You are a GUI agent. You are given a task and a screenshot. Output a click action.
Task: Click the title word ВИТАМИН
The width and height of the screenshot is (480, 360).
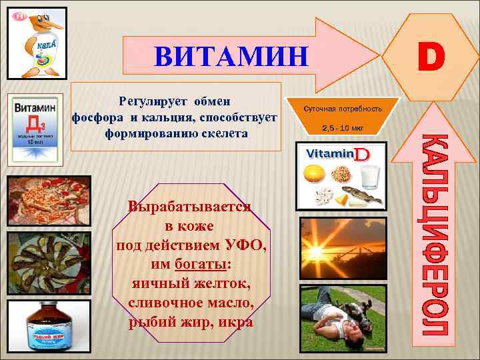tap(231, 57)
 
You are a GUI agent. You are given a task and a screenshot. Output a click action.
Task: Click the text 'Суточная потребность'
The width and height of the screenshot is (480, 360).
tap(343, 108)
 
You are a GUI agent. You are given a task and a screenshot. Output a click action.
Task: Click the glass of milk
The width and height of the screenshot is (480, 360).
tap(369, 176)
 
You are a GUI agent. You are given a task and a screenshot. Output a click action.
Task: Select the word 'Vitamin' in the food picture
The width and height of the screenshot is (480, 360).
tap(328, 154)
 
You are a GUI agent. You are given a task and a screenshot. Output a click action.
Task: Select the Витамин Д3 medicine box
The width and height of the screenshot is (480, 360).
tap(35, 127)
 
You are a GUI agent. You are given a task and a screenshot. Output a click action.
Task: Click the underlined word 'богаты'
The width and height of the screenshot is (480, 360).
tap(200, 264)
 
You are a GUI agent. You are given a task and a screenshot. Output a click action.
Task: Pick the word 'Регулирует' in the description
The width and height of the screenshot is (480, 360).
tap(152, 101)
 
